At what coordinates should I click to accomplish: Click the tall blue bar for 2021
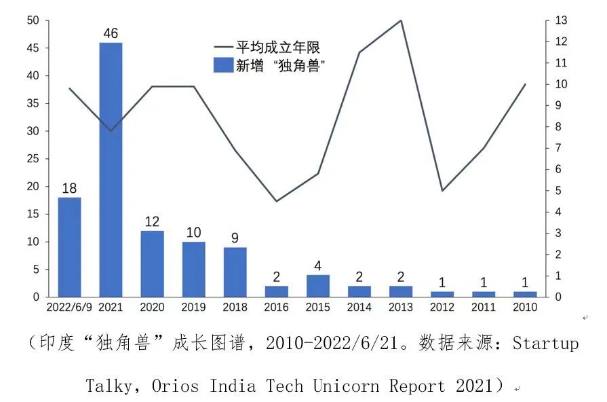coord(111,170)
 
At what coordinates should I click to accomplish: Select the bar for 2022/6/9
coord(69,247)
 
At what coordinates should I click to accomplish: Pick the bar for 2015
coord(317,286)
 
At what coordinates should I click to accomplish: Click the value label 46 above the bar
coord(111,33)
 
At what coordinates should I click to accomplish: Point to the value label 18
coord(69,188)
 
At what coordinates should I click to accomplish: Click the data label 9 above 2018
coord(235,238)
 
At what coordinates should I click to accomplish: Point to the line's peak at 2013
coord(401,20)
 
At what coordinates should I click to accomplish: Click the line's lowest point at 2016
coord(276,201)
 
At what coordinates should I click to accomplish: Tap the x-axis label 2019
coord(193,307)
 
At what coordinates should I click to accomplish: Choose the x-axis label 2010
coord(525,307)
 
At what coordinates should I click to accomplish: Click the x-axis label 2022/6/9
coord(68,307)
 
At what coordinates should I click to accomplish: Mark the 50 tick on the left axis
coord(33,20)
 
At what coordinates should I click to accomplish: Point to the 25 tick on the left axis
coord(33,159)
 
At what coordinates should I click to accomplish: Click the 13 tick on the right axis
coord(560,20)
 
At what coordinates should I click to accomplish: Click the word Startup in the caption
coord(545,344)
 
